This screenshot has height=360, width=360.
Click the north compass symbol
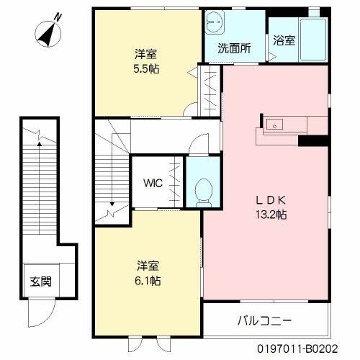[x=48, y=34]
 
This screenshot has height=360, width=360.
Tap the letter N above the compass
[x=58, y=17]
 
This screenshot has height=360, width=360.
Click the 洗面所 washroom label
[x=234, y=48]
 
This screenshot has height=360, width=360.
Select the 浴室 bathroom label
[x=284, y=40]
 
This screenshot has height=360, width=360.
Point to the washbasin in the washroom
[x=215, y=22]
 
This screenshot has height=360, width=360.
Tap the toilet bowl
[x=204, y=192]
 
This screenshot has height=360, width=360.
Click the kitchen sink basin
[x=274, y=125]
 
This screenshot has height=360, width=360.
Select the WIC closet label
[x=153, y=184]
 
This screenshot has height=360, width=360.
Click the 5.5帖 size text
[x=146, y=69]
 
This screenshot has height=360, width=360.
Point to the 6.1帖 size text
[x=148, y=281]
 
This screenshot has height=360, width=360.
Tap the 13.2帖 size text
[x=271, y=215]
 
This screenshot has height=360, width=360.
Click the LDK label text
[x=271, y=201]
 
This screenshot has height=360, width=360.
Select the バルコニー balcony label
[x=264, y=320]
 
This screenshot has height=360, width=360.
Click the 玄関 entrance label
[x=41, y=282]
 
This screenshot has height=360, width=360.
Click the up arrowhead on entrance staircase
[x=40, y=144]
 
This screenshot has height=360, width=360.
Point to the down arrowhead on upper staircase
[x=112, y=204]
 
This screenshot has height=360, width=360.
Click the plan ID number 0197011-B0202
[x=297, y=348]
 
